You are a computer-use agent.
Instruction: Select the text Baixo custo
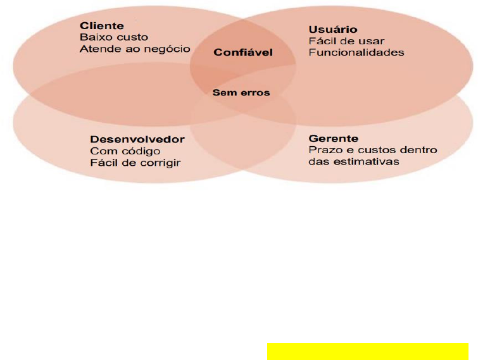pos(114,37)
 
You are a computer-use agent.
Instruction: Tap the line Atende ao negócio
pos(135,49)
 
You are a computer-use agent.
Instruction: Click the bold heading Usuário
pos(333,30)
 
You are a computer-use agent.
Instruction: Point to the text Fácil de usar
pos(337,41)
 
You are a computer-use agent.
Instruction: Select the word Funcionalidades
pos(356,53)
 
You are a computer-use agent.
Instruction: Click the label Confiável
pos(243,53)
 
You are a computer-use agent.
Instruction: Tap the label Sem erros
pos(241,93)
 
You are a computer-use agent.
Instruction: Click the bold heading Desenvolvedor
pos(137,139)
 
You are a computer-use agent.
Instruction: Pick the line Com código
pos(125,151)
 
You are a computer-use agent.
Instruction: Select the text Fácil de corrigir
pos(135,163)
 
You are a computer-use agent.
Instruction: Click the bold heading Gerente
pos(333,138)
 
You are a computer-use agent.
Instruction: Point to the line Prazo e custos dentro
pos(373,150)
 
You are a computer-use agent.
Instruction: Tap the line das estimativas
pos(354,161)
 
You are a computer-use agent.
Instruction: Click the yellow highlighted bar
pos(367,351)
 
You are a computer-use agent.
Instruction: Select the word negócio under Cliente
pos(170,49)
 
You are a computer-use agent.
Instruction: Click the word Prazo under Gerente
pos(322,150)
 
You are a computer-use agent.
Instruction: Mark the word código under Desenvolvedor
pos(143,151)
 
